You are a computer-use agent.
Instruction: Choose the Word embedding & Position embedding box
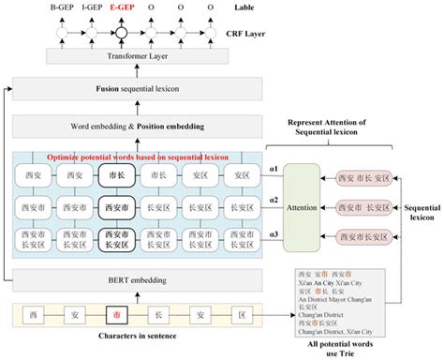click(x=139, y=126)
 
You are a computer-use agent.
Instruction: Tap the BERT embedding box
click(x=139, y=277)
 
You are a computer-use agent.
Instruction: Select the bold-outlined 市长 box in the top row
click(x=117, y=175)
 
